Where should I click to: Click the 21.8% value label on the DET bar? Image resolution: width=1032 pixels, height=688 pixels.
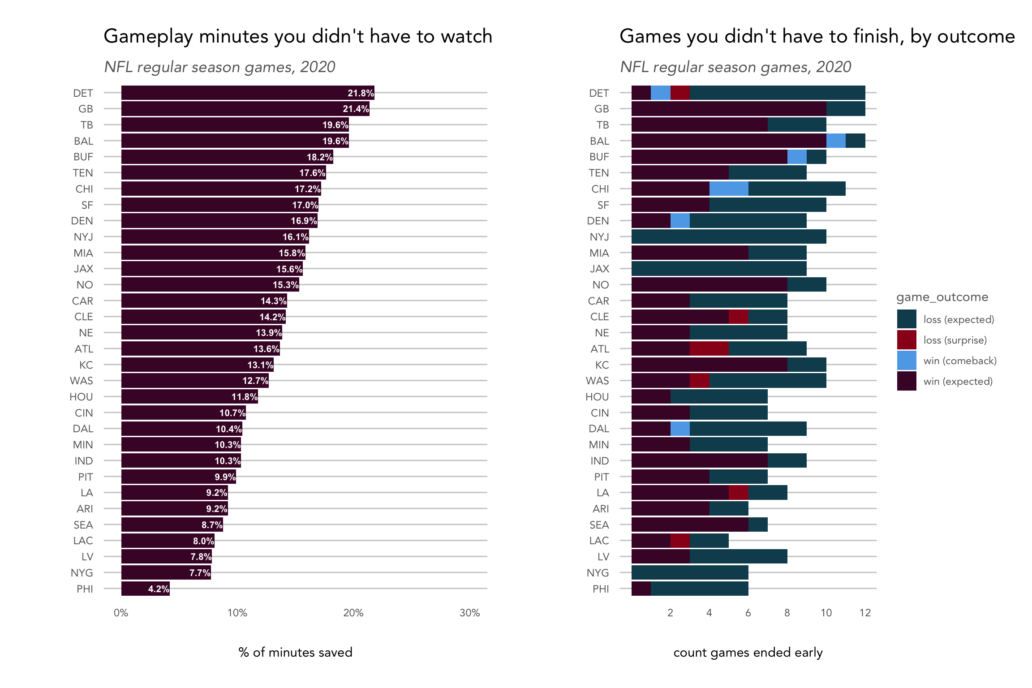[361, 93]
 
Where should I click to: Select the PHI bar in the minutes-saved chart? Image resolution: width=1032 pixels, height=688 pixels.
[145, 589]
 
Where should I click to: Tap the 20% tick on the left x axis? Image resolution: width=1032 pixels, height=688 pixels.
[353, 613]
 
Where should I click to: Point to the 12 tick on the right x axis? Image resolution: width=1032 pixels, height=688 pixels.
[865, 613]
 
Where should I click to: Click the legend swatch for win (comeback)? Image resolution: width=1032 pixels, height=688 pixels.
[907, 361]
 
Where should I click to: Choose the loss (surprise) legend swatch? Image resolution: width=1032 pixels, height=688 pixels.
[907, 340]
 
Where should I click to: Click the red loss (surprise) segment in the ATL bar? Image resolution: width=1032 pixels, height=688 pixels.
[709, 348]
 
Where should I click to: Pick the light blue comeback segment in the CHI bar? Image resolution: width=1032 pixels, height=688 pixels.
[729, 189]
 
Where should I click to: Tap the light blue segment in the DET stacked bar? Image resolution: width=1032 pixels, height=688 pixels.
[660, 93]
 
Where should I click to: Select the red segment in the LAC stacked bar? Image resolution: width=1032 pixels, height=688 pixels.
[680, 541]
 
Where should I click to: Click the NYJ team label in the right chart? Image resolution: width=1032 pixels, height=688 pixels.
[599, 237]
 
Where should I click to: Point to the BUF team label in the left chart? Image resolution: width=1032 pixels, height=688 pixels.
[83, 157]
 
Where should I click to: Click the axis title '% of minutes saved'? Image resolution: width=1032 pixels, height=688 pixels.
[295, 652]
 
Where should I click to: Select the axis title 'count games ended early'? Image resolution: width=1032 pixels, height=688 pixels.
[748, 652]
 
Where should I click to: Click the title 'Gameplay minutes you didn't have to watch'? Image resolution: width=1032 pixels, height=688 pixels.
[298, 36]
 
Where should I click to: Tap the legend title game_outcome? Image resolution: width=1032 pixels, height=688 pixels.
[942, 297]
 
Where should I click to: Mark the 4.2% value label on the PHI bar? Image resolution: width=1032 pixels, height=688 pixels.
[159, 589]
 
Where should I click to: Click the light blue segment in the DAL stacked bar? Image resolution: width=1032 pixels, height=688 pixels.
[680, 429]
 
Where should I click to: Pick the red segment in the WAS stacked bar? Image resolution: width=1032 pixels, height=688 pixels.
[699, 381]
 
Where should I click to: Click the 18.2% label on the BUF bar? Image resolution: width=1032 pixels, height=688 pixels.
[319, 157]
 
